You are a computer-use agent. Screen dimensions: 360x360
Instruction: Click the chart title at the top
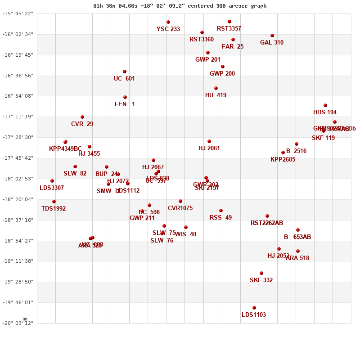pos(180,6)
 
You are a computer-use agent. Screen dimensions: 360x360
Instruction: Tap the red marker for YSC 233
pos(168,22)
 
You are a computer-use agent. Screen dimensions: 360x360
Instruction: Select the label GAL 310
pos(272,43)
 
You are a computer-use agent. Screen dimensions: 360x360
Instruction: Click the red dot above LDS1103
pos(254,308)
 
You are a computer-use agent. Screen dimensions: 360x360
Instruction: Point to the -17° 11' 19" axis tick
pos(18,117)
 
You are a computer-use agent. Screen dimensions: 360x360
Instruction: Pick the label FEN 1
pos(125,104)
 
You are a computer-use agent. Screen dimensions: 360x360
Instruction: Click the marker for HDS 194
pos(325,105)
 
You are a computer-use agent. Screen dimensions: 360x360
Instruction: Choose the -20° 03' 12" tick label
pos(18,323)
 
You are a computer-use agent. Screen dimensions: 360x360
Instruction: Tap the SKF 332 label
pos(261,280)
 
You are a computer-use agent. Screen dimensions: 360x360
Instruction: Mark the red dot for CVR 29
pos(82,117)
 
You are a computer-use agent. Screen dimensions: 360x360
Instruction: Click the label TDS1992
pos(54,209)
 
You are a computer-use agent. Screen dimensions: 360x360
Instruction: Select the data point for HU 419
pos(216,88)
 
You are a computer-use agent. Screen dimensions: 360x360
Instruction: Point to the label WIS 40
pos(185,234)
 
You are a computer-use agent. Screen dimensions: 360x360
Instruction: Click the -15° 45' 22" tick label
pos(18,13)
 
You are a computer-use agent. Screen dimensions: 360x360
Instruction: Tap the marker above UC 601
pos(125,72)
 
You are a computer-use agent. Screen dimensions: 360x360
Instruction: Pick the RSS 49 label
pos(221,218)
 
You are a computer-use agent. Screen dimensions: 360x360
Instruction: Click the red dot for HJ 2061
pos(209,141)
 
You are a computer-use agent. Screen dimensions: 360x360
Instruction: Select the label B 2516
pos(296,151)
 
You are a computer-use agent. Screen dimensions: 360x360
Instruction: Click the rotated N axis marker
pos(25,319)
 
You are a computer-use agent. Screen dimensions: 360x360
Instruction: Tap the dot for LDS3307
pos(52,181)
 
